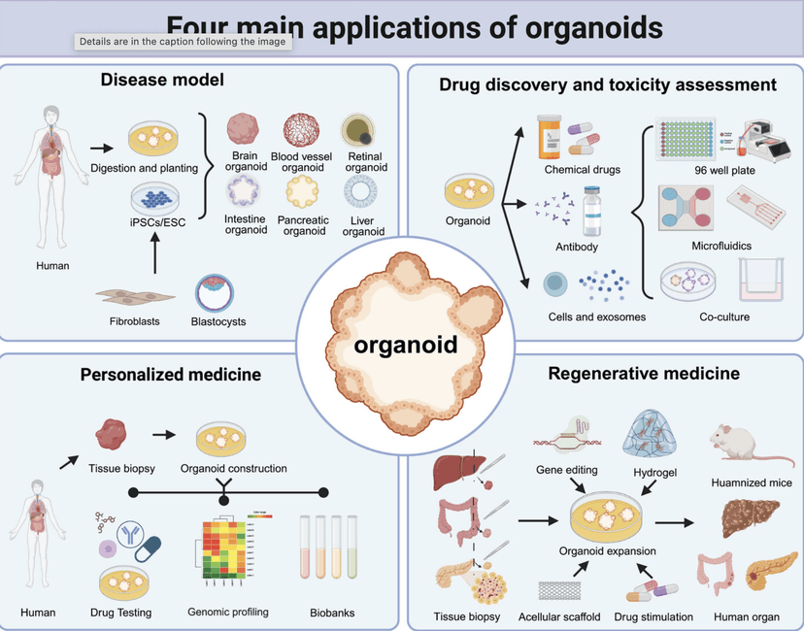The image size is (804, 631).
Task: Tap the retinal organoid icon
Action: [x=360, y=130]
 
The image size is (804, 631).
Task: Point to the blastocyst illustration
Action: [x=216, y=290]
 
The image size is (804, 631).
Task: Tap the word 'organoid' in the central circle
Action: [x=406, y=346]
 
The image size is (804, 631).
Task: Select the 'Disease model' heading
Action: [x=161, y=80]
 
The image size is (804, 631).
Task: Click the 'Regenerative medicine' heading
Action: [x=644, y=373]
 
